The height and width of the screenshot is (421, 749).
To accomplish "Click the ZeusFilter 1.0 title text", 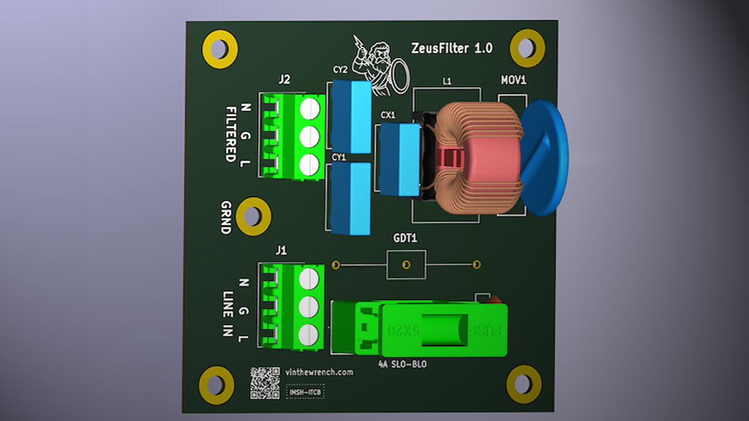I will point(452,48).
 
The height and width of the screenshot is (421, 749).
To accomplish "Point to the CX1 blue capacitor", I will point(399,159).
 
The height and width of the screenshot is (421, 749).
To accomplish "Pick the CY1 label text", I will point(339,158).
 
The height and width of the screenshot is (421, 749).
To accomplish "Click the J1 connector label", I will point(281,250).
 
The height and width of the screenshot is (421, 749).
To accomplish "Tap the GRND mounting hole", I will point(253,216).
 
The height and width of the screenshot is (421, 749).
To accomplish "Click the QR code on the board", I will point(265,382).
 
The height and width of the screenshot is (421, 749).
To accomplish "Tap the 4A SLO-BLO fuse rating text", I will point(403,364).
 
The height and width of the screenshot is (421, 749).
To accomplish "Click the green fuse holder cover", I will point(443,329).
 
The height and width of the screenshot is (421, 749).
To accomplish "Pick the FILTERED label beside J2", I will point(231,133).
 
